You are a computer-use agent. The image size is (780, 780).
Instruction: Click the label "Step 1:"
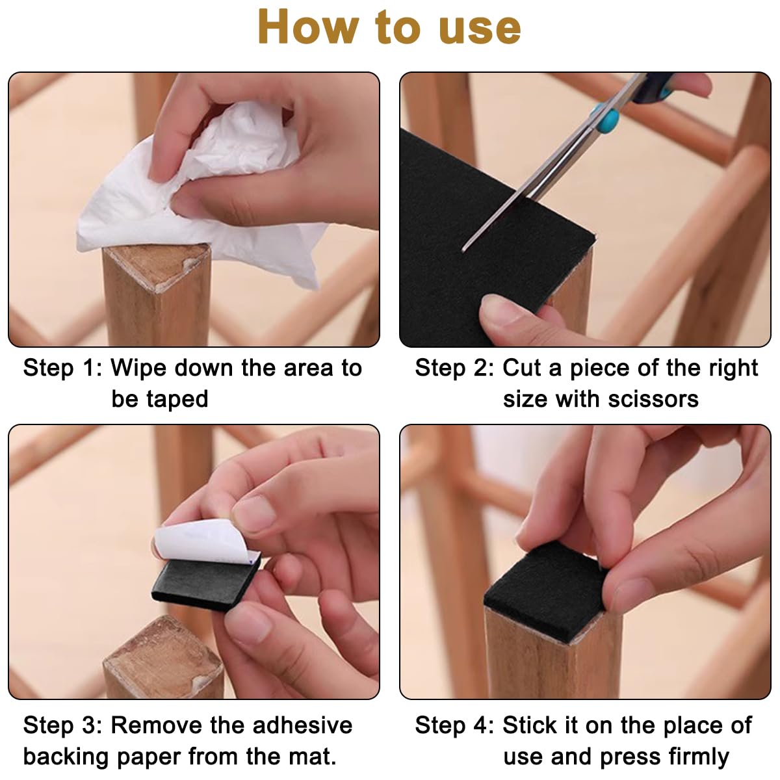click(63, 368)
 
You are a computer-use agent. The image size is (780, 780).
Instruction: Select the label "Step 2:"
click(454, 368)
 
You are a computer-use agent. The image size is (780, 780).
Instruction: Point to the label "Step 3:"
click(63, 725)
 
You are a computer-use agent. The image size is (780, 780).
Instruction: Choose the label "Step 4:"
click(454, 725)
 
